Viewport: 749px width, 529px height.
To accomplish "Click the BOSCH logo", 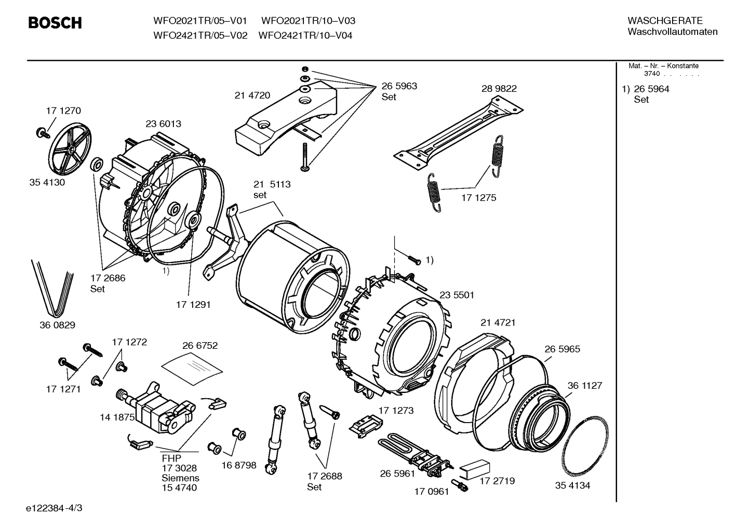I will click(x=55, y=23).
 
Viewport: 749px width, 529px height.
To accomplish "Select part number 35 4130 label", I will click(x=47, y=183).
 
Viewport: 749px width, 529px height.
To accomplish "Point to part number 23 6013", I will click(x=163, y=124).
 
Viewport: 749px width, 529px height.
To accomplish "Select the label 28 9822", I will click(x=499, y=89).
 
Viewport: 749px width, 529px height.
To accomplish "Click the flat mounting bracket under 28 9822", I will click(x=457, y=135).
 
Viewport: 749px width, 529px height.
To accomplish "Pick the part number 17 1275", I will click(x=478, y=198).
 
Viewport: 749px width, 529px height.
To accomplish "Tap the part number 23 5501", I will click(x=457, y=295).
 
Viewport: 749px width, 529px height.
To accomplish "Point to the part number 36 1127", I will click(x=584, y=386).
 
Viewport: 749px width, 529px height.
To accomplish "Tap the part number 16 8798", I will click(x=238, y=465).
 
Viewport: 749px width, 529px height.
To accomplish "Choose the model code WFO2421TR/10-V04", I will click(x=305, y=36).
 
